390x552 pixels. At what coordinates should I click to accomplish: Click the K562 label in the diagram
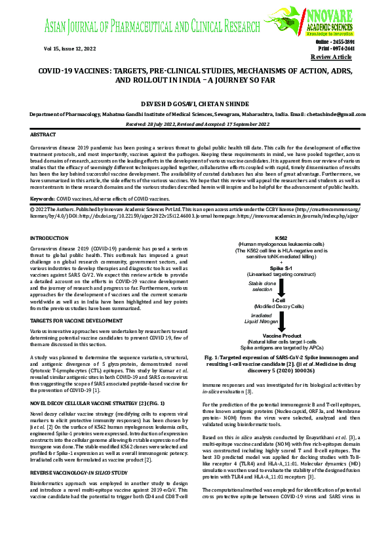(x=281, y=218)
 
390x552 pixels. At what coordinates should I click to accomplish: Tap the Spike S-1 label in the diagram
(x=282, y=249)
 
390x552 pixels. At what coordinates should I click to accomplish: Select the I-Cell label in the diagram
(x=282, y=300)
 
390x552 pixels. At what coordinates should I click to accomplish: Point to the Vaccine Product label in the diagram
(x=282, y=335)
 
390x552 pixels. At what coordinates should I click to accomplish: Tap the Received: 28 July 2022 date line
(x=195, y=123)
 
